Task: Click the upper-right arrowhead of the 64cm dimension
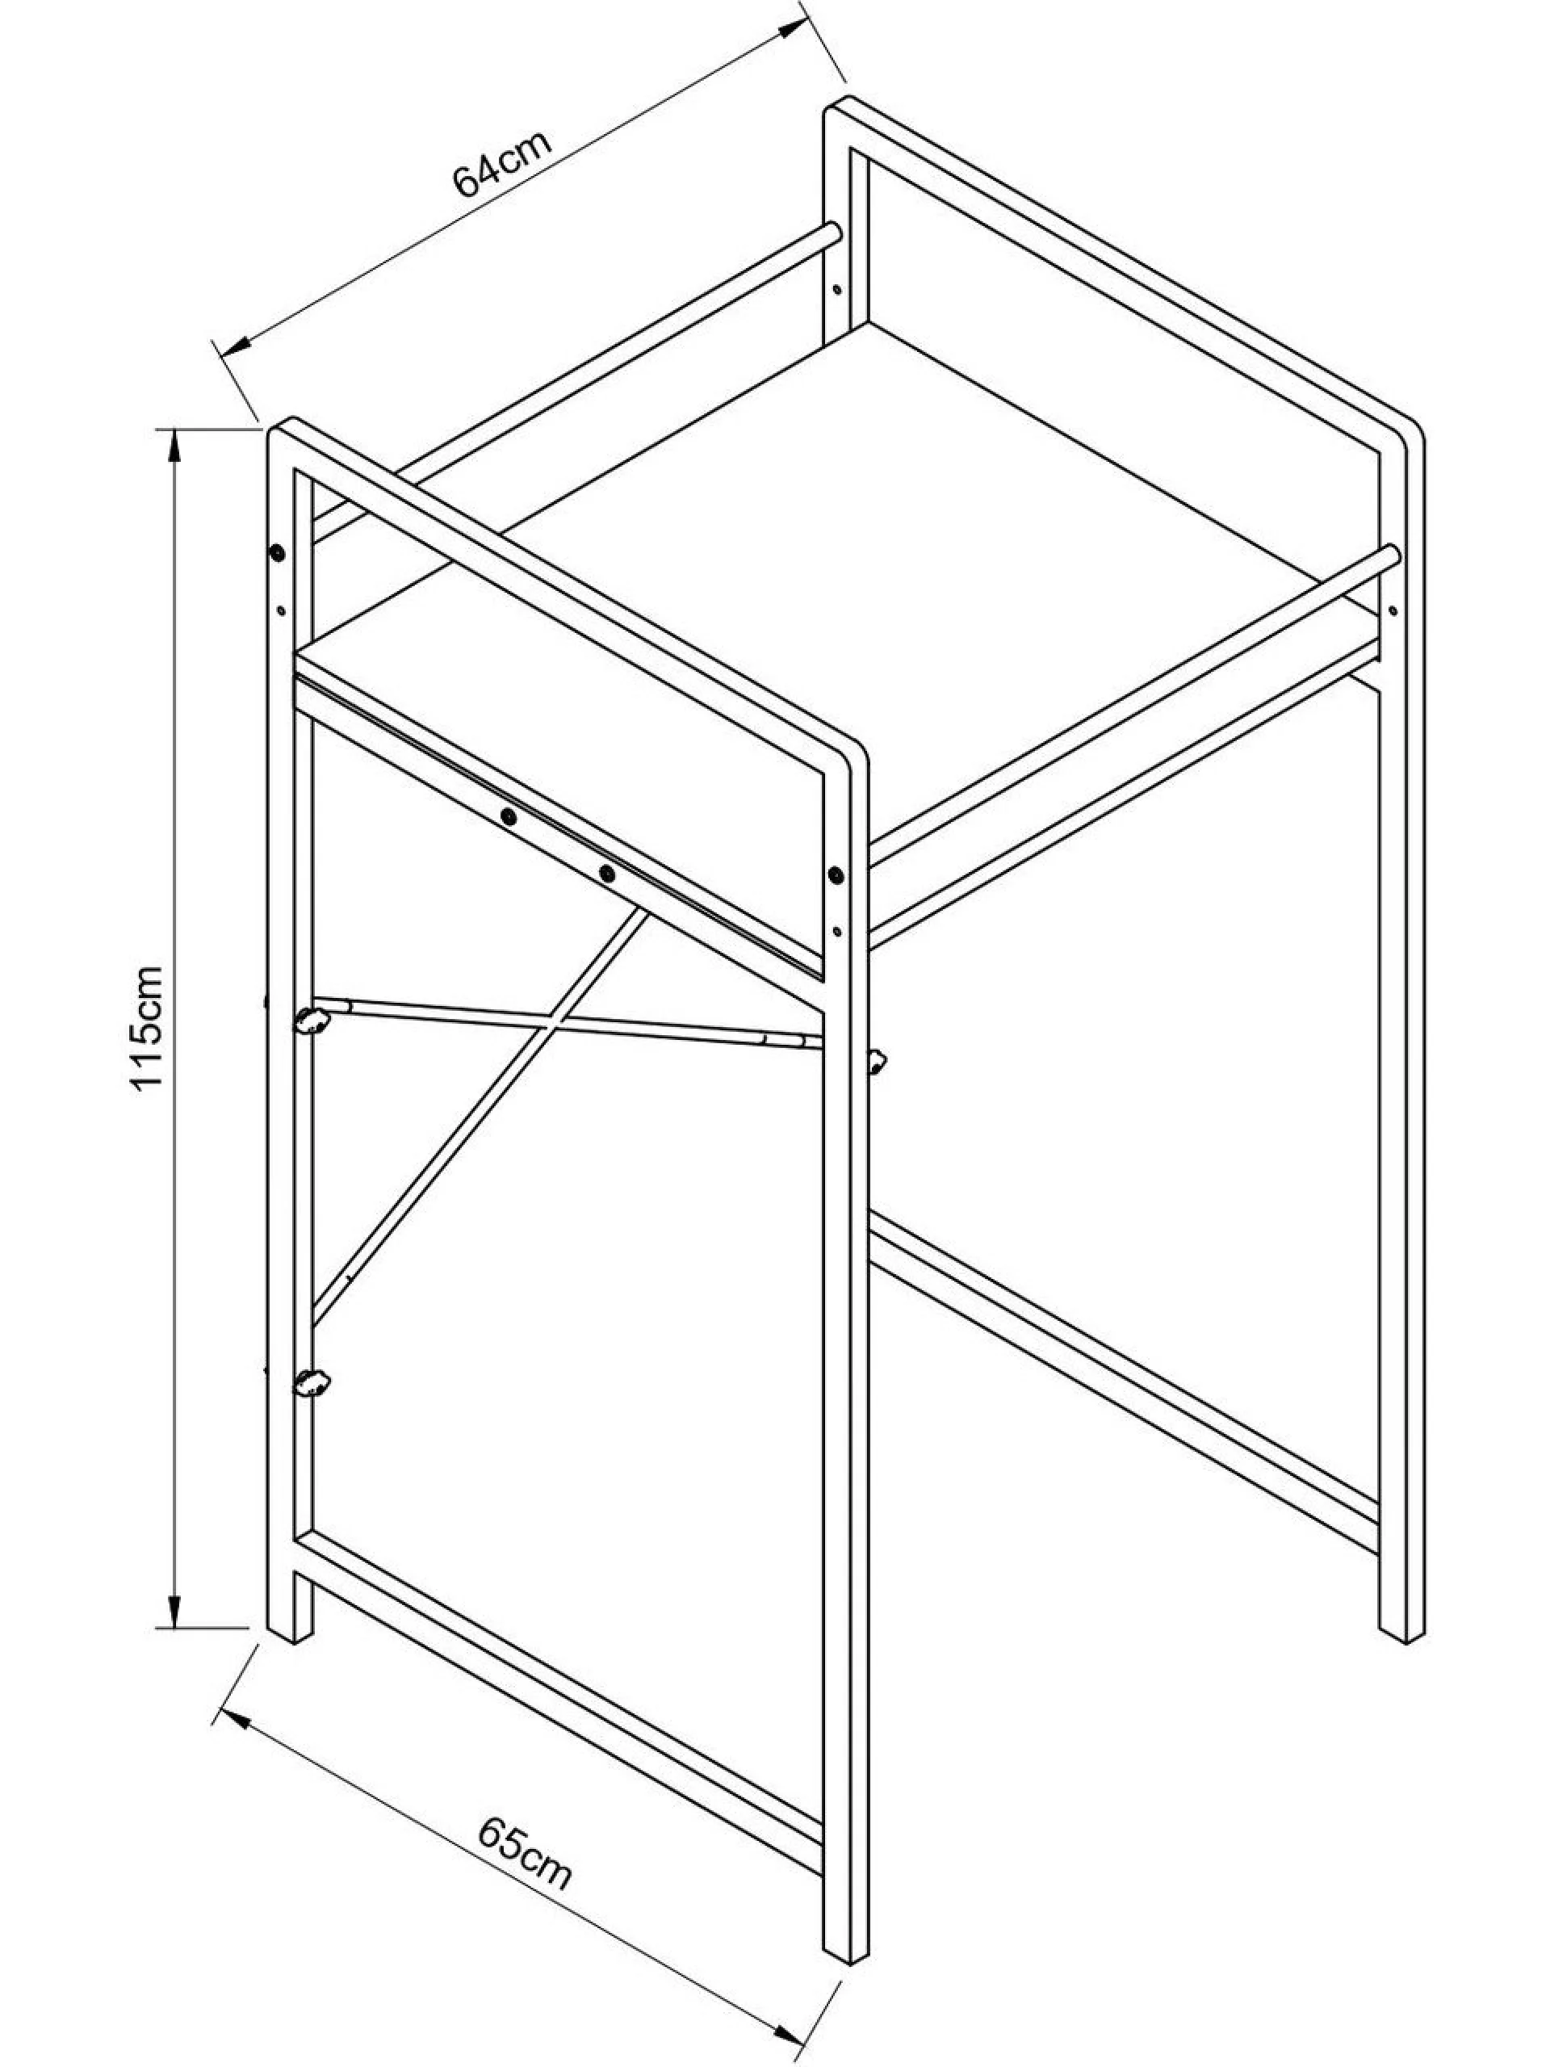[x=790, y=29]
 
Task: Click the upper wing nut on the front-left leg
[x=312, y=1021]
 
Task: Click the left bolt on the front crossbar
[x=509, y=817]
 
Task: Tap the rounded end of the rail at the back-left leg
[x=833, y=232]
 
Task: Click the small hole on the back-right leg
[x=1392, y=610]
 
